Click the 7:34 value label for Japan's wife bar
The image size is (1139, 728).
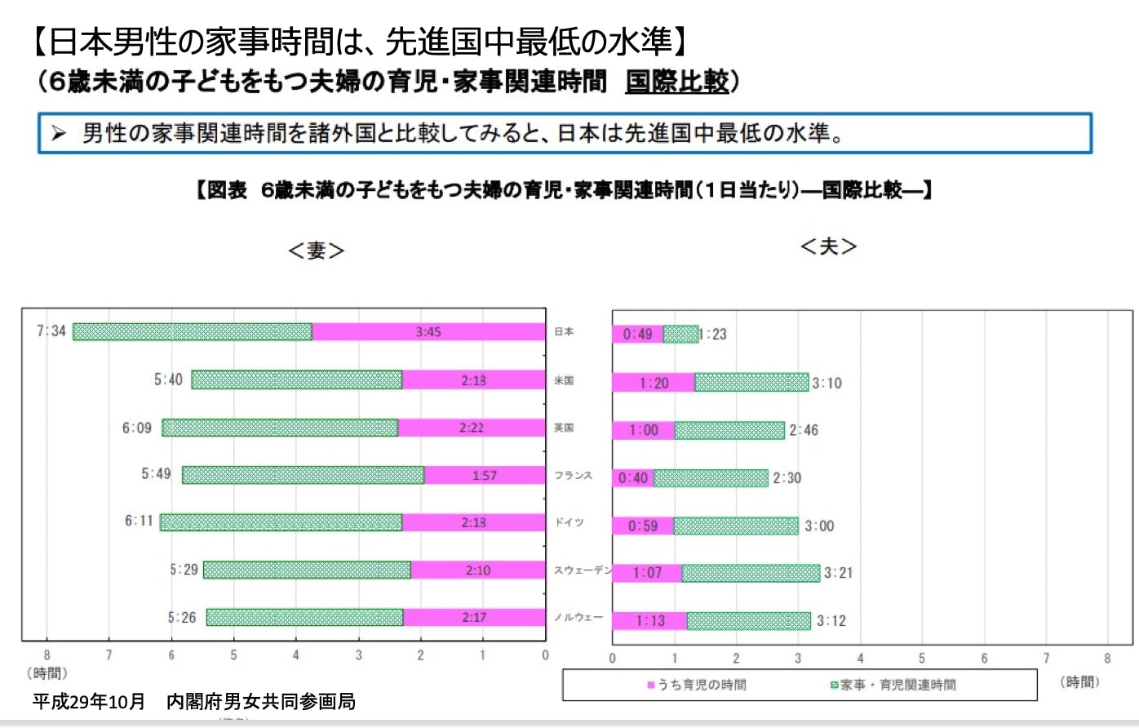[51, 331]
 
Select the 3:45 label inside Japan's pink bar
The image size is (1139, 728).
[428, 332]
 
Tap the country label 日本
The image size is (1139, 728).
[564, 332]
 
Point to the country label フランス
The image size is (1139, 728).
[573, 475]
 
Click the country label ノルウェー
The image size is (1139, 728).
[578, 617]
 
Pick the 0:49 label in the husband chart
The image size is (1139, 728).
[637, 334]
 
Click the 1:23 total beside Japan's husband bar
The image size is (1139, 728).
[713, 334]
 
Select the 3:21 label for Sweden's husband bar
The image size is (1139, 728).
[838, 573]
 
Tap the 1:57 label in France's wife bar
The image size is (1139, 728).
[485, 476]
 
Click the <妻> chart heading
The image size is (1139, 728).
[316, 251]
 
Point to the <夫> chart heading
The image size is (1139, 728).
[828, 246]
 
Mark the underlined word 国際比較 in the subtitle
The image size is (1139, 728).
[676, 81]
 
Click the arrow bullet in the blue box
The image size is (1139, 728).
[58, 133]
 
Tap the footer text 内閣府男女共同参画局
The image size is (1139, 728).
[261, 701]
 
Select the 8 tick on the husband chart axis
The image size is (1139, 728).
[1107, 659]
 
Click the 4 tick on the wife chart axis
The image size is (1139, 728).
[296, 655]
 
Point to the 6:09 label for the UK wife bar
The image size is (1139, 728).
[137, 428]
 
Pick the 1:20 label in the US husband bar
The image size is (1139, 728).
[654, 383]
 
